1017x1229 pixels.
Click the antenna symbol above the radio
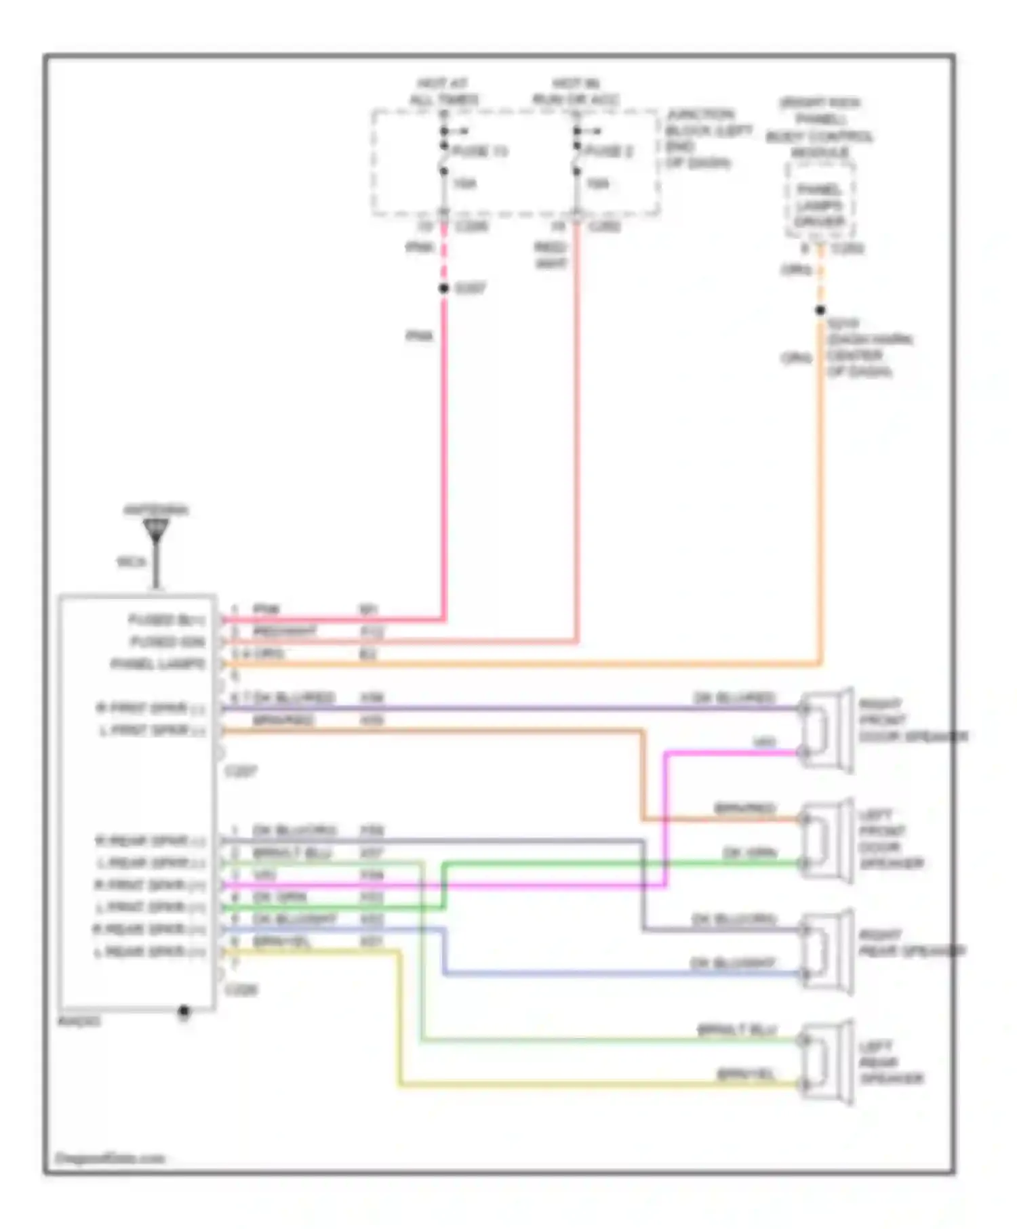(156, 530)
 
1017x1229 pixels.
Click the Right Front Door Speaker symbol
(827, 730)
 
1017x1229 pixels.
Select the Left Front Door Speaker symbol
(827, 841)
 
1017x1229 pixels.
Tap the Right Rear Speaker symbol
(827, 952)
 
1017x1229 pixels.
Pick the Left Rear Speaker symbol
(827, 1062)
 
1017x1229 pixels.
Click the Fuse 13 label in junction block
(479, 151)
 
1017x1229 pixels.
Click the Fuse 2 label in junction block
(609, 151)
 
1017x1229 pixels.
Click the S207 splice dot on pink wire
(444, 289)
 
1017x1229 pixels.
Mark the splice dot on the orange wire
(820, 310)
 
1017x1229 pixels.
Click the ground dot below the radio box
(184, 1012)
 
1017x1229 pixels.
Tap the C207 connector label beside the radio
(241, 771)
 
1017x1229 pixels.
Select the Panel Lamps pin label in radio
(158, 664)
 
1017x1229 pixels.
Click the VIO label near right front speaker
(764, 743)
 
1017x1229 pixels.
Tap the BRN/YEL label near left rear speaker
(746, 1075)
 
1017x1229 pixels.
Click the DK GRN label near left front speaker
(749, 852)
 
